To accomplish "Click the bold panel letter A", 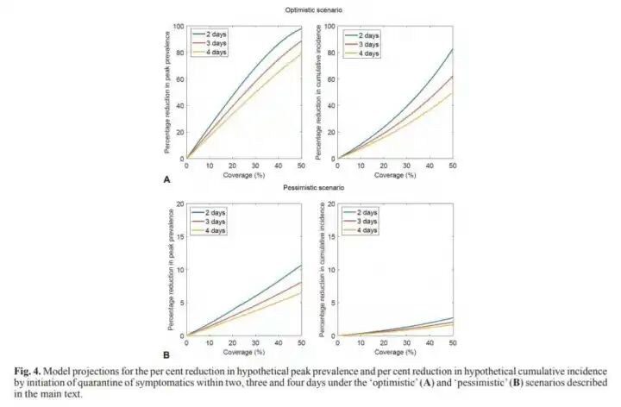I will (x=166, y=178).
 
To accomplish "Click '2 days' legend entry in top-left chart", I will (x=215, y=35).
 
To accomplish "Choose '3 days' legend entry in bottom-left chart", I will (x=215, y=222).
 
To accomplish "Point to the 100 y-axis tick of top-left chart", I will (x=180, y=26).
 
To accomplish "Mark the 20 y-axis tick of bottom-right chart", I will (x=332, y=204).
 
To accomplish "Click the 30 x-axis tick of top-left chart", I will (x=257, y=166).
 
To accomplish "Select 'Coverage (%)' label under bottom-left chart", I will (x=245, y=352).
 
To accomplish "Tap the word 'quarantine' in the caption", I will (x=247, y=382).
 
